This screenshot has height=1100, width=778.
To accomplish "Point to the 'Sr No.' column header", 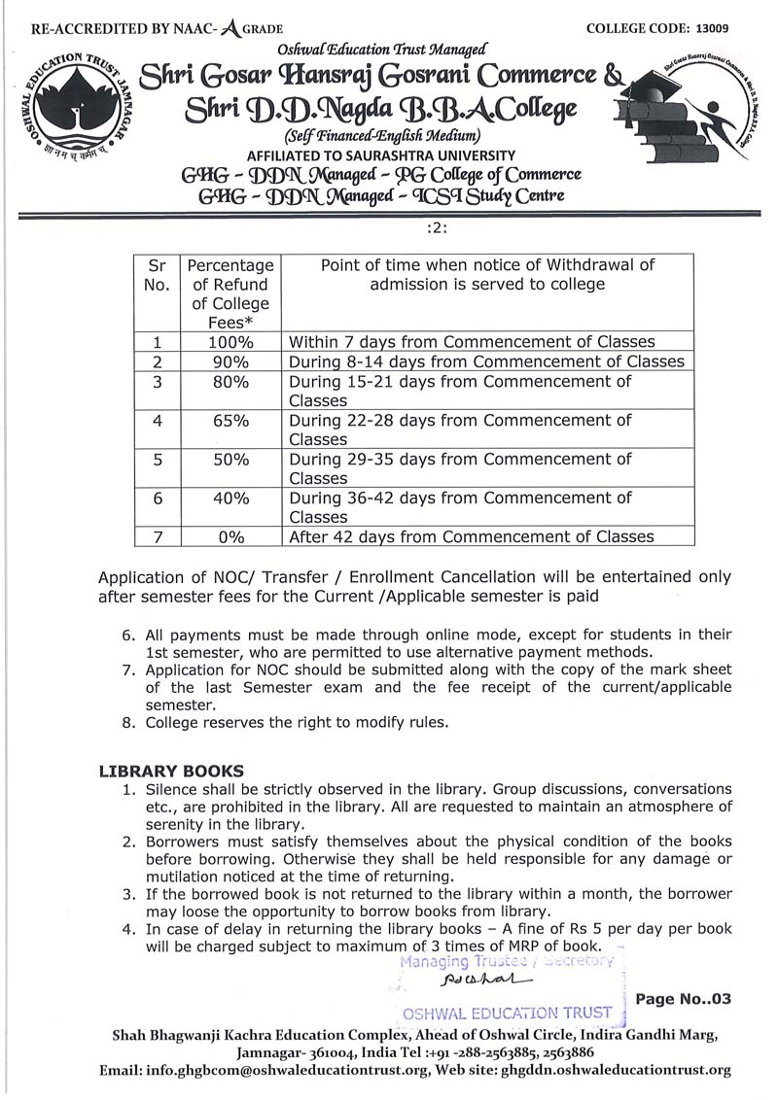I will tap(158, 275).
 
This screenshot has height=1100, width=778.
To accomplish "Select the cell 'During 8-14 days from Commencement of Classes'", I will tap(486, 361).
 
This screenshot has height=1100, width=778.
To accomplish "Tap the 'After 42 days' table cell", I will tap(471, 536).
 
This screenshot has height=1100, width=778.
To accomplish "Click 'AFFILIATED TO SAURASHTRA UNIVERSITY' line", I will tap(382, 155).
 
